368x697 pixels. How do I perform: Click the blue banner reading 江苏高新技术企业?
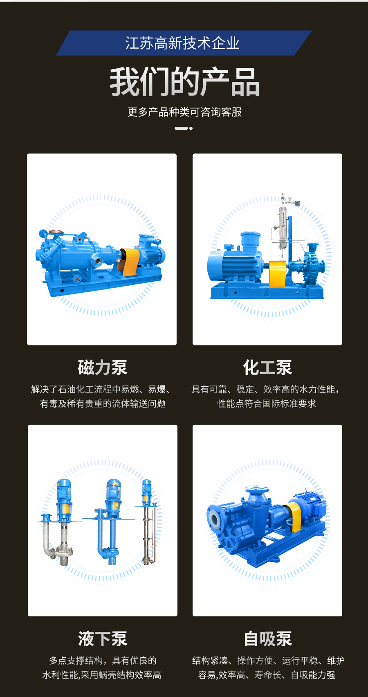pos(184,43)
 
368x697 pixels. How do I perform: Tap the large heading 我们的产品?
pos(184,82)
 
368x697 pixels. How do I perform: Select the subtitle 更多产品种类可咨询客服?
pos(184,112)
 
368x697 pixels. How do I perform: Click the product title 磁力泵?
pos(102,368)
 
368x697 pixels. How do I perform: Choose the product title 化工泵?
pos(267,368)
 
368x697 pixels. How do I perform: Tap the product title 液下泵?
pos(103,639)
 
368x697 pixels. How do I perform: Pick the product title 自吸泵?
pos(267,639)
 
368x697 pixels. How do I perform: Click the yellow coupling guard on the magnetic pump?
pos(131,262)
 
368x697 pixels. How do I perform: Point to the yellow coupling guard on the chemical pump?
pos(277,273)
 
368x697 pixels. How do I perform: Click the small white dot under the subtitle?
pos(191,128)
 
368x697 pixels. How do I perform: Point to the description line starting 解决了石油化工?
pos(101,389)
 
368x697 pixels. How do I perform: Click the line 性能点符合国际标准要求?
pos(267,404)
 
